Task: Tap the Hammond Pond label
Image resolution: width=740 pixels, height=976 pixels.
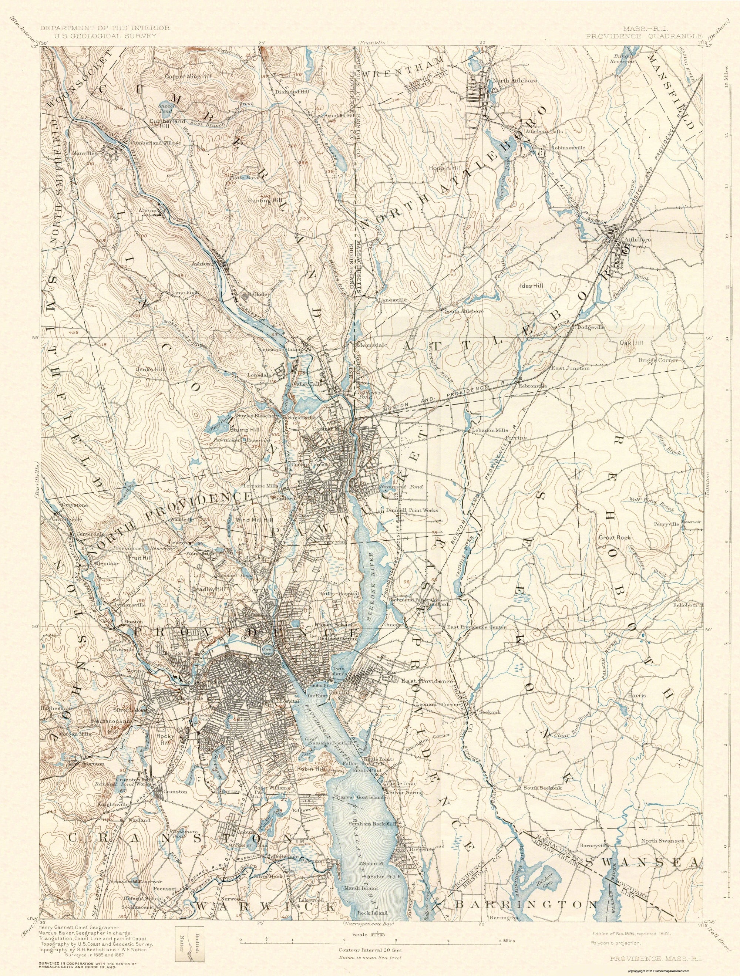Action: click(401, 487)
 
